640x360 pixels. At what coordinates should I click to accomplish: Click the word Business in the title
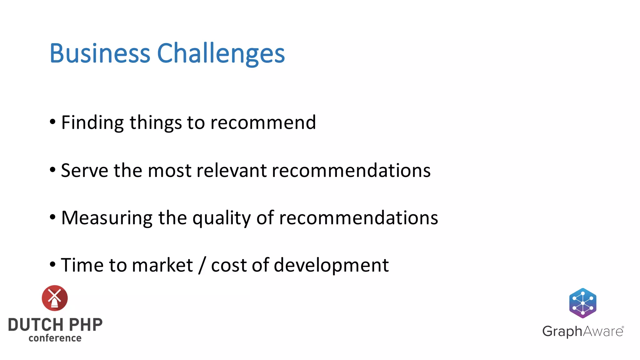pos(100,53)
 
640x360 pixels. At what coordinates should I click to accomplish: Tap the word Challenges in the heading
pos(221,54)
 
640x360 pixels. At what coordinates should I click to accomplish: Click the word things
pos(156,122)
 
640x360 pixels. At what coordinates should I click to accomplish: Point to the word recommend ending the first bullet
pos(263,122)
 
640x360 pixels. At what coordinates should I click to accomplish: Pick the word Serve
pos(84,171)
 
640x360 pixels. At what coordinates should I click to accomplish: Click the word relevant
pos(231,171)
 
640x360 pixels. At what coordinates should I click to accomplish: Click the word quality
pos(221,218)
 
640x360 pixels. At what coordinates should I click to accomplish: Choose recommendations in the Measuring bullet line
pos(358,218)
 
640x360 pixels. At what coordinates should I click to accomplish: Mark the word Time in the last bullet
pos(82,265)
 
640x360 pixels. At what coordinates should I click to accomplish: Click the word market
pos(162,265)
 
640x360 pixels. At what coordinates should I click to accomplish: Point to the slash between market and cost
pos(202,266)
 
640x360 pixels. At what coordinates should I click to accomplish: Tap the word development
pos(331,266)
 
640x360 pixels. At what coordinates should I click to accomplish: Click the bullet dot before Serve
pos(52,170)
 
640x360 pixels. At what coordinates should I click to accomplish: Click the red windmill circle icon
pos(55,298)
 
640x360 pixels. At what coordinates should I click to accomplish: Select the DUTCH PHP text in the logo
pos(55,325)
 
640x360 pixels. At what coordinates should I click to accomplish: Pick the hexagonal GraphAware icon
pos(583,303)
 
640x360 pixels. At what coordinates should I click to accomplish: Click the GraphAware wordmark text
pos(583,331)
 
